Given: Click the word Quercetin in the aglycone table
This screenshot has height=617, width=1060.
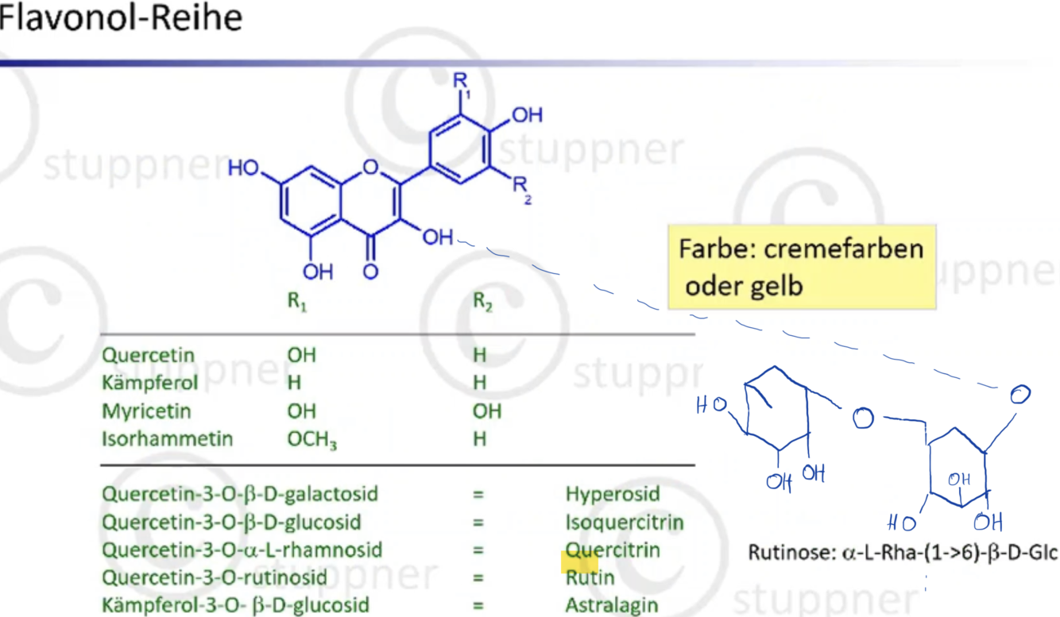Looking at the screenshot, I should pos(148,355).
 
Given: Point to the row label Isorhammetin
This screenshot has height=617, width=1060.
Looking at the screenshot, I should pos(167,439).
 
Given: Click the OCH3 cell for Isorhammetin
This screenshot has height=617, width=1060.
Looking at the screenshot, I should pos(311,440).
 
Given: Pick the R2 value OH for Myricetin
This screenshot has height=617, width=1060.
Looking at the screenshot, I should pos(487,411).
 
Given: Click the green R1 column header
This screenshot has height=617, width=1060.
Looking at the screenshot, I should pos(296,303).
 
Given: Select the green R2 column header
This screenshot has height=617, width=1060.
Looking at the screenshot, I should pos(482,303).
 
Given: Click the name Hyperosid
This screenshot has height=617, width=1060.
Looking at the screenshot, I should pos(612,494).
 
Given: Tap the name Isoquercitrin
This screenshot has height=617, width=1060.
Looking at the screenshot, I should pos(624,523).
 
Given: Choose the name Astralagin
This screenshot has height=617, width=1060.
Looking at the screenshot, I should pos(612,605).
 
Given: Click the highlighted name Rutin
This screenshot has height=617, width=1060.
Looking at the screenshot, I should pos(589,577).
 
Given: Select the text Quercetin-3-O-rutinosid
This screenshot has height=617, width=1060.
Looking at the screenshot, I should pos(214,577).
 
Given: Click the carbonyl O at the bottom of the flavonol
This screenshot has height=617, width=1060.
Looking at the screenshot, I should pos(370,271).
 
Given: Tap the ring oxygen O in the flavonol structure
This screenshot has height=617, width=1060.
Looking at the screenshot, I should pos(369,167).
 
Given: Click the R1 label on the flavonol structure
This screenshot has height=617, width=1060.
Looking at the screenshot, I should pos(462,83).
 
